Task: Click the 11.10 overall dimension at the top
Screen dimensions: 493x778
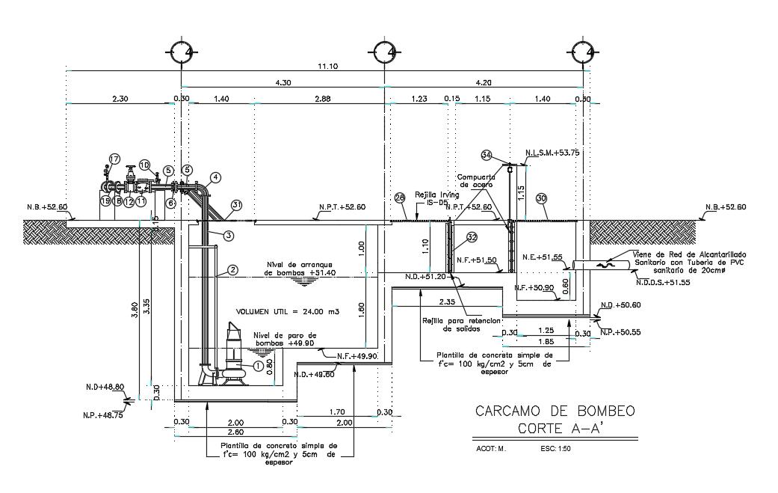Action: point(327,67)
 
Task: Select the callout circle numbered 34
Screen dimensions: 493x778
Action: point(486,156)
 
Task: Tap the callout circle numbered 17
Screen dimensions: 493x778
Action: point(114,159)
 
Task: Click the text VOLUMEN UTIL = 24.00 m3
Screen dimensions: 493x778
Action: point(287,311)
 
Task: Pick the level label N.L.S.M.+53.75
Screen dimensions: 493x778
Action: point(552,152)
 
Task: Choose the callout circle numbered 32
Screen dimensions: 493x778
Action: point(472,237)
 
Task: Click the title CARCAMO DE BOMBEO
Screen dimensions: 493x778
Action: point(555,411)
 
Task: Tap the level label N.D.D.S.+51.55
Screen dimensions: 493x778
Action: point(663,283)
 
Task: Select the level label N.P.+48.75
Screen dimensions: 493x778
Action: point(102,413)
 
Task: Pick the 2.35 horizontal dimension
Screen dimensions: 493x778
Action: point(447,302)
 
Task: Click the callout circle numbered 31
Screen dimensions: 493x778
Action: point(237,204)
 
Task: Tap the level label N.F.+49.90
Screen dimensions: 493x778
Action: point(356,356)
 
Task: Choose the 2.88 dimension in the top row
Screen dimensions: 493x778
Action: point(322,99)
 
